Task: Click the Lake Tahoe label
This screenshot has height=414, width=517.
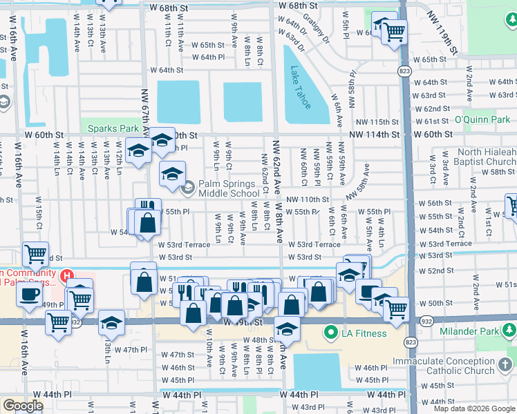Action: pos(300,88)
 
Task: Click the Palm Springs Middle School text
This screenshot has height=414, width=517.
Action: pos(229,188)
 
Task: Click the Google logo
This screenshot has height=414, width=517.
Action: pos(23,406)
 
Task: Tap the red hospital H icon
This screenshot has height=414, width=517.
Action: pos(67,277)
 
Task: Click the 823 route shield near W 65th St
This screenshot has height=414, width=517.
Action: pos(403,71)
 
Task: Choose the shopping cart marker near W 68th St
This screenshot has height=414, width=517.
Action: pos(394,30)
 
